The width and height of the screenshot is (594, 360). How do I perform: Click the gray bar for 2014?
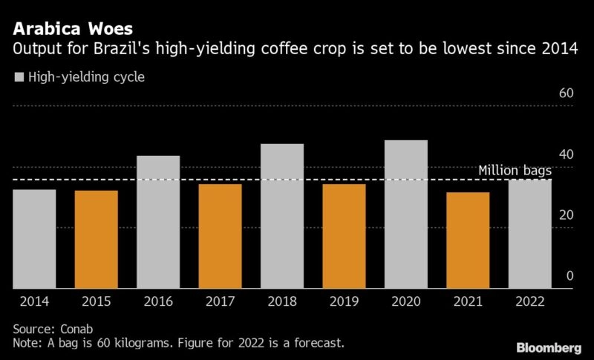(34, 239)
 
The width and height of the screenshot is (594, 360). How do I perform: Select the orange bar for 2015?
(96, 240)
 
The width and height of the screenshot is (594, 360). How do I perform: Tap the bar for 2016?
(158, 222)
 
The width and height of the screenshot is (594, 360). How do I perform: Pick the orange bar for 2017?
(220, 236)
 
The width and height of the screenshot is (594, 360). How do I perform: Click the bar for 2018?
(282, 216)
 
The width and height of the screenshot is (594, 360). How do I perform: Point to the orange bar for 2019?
(344, 236)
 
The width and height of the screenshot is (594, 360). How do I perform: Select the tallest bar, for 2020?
(406, 214)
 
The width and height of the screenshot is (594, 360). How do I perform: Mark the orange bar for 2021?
(468, 240)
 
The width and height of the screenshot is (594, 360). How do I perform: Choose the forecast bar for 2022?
(530, 234)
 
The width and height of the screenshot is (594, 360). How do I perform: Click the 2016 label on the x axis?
(158, 301)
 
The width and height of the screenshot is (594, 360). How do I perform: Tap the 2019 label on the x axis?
(344, 301)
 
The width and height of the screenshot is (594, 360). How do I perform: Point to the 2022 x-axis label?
(530, 301)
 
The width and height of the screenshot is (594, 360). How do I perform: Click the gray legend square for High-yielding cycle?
(19, 76)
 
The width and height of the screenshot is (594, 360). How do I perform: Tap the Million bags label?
(515, 171)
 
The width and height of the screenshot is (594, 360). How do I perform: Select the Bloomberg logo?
(549, 347)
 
